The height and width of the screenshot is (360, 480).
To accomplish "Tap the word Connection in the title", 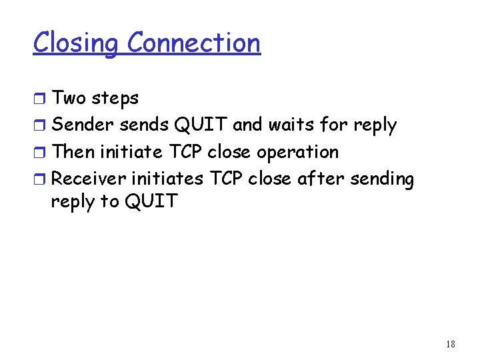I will coord(193,43).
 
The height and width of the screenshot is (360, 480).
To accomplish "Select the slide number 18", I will coord(450,344).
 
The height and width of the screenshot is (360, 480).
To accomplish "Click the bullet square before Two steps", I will coord(40,99).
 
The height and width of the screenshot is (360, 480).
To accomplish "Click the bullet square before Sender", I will coord(40,126).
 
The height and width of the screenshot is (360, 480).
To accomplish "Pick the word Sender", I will coord(83,125).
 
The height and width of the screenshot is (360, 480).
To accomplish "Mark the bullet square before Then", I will coord(40,153).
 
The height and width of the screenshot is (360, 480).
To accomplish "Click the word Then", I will coord(73,152).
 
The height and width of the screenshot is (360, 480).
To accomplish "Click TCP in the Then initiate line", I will coord(185,152).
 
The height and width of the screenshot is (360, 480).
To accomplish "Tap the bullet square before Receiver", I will coord(40,180).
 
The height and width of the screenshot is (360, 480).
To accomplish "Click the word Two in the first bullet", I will coord(69,99).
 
